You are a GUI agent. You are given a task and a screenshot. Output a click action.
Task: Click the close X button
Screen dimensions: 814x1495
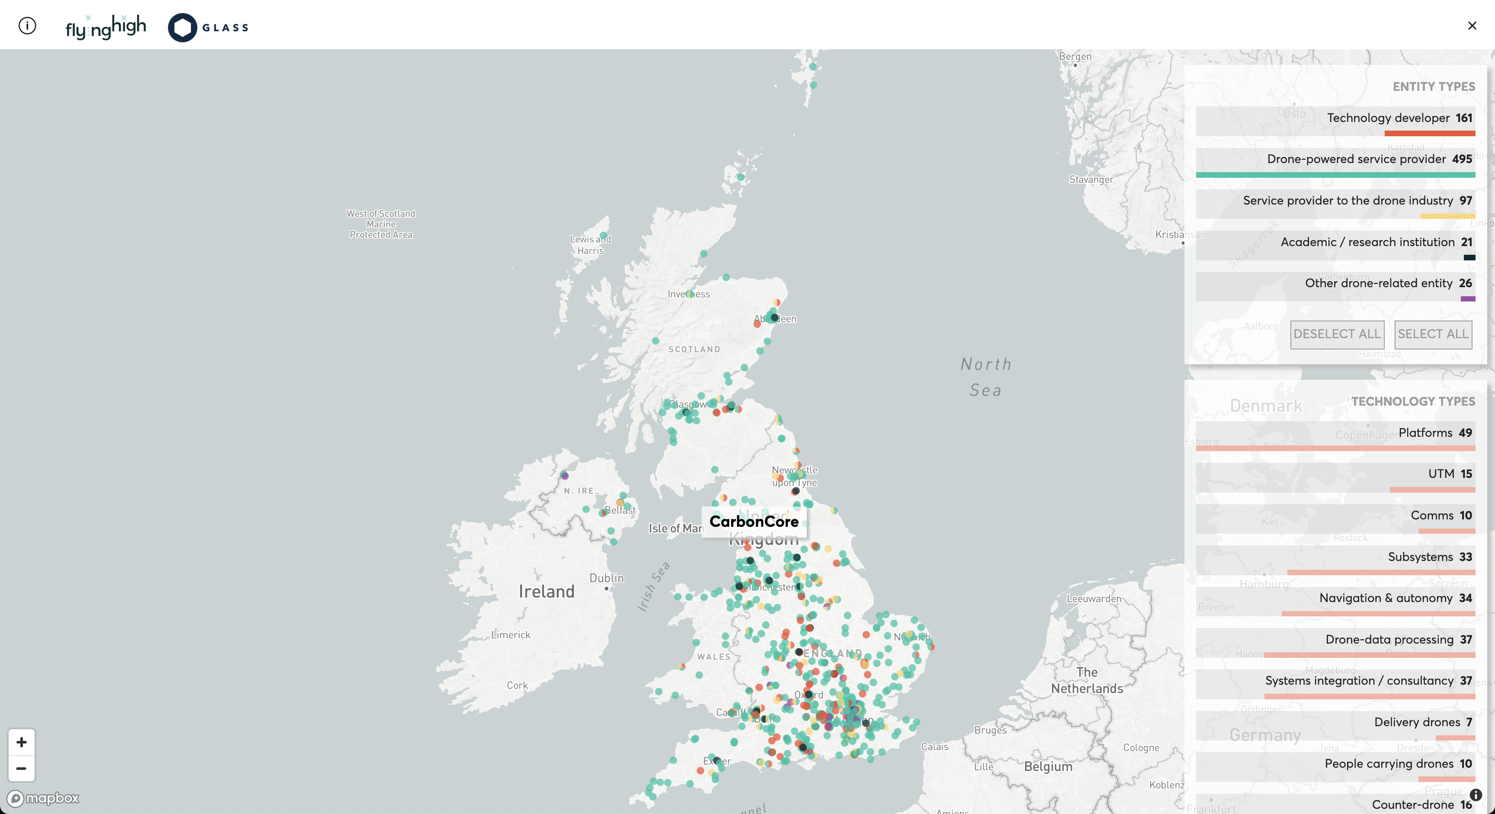1472,26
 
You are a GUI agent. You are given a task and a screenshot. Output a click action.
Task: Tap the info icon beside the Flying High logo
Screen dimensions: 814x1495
27,26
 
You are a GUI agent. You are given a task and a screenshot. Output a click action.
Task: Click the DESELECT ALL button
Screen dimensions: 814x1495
1337,334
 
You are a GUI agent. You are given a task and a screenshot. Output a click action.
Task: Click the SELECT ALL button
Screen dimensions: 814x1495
1432,334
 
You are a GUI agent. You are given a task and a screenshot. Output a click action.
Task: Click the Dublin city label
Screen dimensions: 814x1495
606,578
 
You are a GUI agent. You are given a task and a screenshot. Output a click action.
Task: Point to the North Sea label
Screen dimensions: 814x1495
986,377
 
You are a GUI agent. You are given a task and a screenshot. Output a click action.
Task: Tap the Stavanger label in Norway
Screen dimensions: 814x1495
1091,179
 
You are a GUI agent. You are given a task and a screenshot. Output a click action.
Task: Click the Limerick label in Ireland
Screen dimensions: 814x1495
511,635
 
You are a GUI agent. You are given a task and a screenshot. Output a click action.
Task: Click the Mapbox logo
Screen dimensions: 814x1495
44,798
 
